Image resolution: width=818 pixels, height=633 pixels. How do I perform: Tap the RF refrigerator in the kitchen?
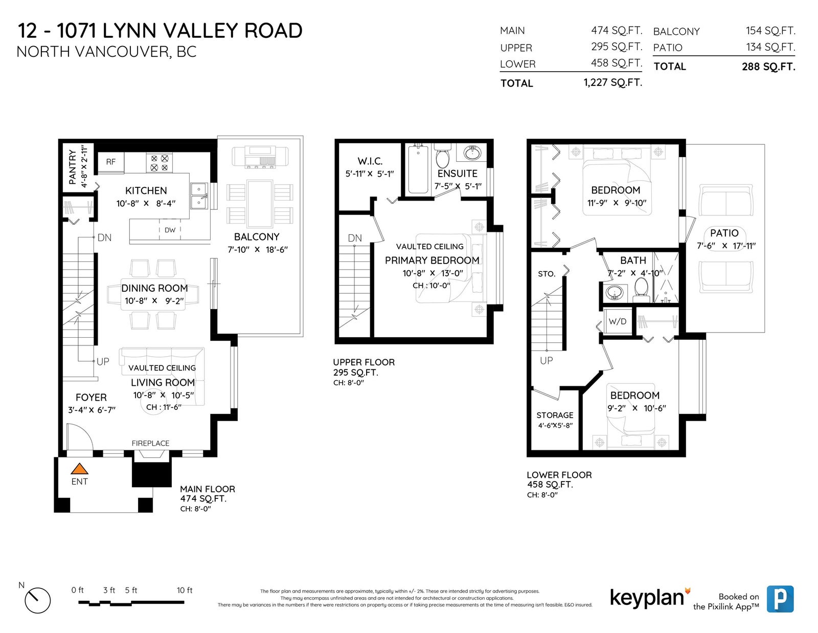[111, 162]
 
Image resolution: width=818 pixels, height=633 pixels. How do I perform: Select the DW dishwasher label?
[170, 230]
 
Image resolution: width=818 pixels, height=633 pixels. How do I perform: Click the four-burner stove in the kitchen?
[160, 163]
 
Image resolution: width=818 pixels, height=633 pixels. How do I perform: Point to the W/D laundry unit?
[618, 321]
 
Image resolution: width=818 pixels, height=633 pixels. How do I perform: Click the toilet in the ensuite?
[443, 156]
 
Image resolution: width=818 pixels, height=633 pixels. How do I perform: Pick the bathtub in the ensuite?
[418, 169]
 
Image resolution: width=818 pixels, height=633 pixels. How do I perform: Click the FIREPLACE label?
[151, 444]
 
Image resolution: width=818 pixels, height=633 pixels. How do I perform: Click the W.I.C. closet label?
[370, 161]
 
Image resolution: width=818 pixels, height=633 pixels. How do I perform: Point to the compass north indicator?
[37, 601]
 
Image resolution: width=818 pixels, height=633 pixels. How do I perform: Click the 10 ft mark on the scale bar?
[185, 591]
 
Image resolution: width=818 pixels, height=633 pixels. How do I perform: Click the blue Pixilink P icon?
[780, 599]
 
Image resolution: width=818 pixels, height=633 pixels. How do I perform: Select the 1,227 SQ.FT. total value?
[613, 82]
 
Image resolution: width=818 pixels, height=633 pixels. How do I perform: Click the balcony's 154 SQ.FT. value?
[770, 31]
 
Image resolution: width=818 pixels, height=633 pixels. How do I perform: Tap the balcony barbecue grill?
[260, 157]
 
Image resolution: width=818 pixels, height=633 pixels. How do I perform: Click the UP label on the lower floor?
[547, 361]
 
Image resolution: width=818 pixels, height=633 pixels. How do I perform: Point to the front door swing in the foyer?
[80, 437]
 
